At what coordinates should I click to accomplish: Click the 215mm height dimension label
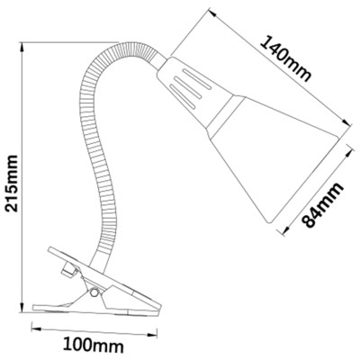pyautogui.click(x=13, y=184)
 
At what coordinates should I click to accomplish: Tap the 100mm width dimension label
pyautogui.click(x=94, y=346)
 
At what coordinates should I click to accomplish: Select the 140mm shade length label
pyautogui.click(x=284, y=58)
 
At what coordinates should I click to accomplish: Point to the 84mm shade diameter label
pyautogui.click(x=322, y=205)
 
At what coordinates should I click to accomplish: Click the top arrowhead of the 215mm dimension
pyautogui.click(x=22, y=47)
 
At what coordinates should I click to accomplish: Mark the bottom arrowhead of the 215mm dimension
pyautogui.click(x=22, y=307)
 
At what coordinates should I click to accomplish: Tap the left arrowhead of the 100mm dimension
pyautogui.click(x=36, y=329)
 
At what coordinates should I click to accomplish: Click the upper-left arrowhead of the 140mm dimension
pyautogui.click(x=212, y=12)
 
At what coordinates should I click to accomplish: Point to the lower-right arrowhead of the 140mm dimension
pyautogui.click(x=346, y=122)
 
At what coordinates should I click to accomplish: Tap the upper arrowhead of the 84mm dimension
pyautogui.click(x=347, y=155)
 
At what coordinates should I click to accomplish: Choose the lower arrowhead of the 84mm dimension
pyautogui.click(x=285, y=229)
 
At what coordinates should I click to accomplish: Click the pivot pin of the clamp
pyautogui.click(x=94, y=292)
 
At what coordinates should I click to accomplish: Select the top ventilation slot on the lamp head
pyautogui.click(x=197, y=78)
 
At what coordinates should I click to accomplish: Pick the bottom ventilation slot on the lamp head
pyautogui.click(x=182, y=96)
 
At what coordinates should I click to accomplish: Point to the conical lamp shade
pyautogui.click(x=277, y=157)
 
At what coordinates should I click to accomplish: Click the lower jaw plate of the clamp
pyautogui.click(x=95, y=310)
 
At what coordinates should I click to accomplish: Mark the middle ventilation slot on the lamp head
pyautogui.click(x=188, y=87)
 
